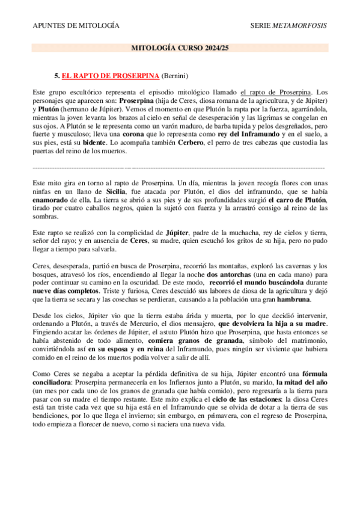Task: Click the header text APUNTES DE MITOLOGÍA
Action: pos(75,26)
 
